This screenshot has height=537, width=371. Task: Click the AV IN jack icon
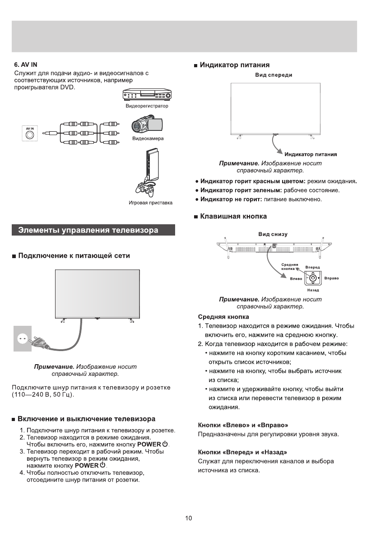point(30,134)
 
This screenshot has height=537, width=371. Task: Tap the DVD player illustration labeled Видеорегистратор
point(147,96)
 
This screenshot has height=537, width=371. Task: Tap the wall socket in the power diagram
point(21,338)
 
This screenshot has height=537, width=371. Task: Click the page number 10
point(189,518)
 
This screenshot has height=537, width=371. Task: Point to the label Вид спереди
point(274,75)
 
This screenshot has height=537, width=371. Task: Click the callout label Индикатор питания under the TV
point(311,155)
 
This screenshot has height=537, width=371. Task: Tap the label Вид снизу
point(273,234)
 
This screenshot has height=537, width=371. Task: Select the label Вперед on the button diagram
point(312,268)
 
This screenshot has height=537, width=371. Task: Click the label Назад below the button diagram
point(313,290)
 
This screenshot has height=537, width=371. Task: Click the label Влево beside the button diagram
point(296,278)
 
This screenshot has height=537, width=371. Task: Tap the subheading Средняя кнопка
point(223,316)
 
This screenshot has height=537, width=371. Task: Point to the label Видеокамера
point(148,139)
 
